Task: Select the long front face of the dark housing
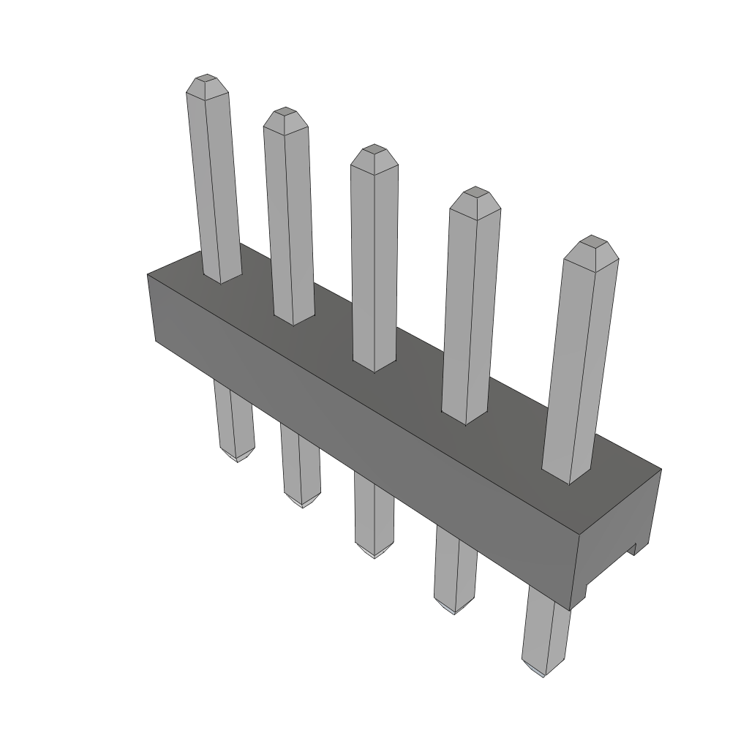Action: click(x=366, y=439)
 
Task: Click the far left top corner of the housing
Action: click(x=148, y=275)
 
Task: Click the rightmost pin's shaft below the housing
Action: click(x=546, y=629)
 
